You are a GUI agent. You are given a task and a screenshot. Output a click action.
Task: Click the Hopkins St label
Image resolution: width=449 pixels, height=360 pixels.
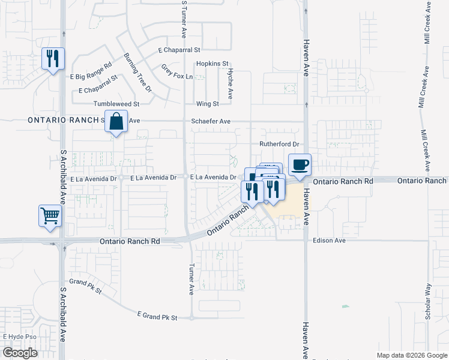pyautogui.click(x=213, y=63)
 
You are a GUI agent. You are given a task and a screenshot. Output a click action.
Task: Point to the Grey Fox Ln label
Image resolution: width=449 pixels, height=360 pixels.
pyautogui.click(x=177, y=72)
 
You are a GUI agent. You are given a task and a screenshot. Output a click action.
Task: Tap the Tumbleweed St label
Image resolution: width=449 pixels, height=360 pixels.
pyautogui.click(x=116, y=104)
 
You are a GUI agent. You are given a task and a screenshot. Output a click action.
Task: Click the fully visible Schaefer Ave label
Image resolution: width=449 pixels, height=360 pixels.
pyautogui.click(x=211, y=121)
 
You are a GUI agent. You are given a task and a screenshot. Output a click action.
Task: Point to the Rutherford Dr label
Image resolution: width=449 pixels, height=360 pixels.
pyautogui.click(x=279, y=144)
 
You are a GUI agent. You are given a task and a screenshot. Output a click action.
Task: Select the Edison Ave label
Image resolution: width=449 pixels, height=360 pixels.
pyautogui.click(x=330, y=241)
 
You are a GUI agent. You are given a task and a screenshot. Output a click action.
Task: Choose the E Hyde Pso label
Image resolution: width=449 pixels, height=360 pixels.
pyautogui.click(x=20, y=337)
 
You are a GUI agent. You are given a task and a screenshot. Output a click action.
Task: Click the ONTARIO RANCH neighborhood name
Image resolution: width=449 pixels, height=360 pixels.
pyautogui.click(x=63, y=120)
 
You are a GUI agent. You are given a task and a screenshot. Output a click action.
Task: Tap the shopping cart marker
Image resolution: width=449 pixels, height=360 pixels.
pyautogui.click(x=50, y=215)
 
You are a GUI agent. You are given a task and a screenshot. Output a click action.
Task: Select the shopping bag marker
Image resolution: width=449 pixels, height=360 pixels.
pyautogui.click(x=116, y=121)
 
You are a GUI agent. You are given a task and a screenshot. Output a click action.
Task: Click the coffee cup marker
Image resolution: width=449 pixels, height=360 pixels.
pyautogui.click(x=300, y=164)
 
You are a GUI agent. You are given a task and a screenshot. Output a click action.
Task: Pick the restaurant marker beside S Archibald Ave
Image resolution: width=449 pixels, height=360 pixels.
pyautogui.click(x=53, y=59)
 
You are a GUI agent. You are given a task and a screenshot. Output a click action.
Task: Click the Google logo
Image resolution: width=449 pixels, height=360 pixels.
pyautogui.click(x=20, y=353)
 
